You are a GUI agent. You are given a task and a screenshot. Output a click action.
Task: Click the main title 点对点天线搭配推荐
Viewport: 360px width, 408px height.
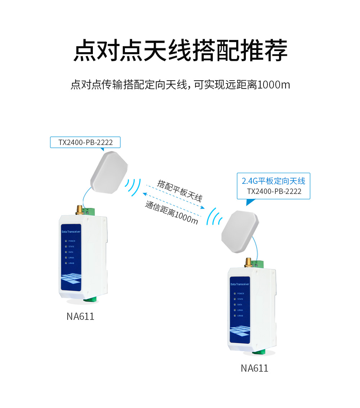[180, 51]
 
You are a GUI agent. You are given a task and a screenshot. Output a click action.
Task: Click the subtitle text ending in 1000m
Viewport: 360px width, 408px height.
[180, 85]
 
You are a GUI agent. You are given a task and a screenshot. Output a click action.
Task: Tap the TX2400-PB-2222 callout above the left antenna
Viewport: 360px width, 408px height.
[85, 142]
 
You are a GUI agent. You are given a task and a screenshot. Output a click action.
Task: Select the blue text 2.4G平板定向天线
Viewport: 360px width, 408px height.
[273, 181]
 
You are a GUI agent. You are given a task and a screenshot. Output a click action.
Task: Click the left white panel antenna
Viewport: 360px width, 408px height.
[109, 172]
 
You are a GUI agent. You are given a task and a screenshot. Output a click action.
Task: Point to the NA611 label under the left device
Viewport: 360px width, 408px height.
[80, 316]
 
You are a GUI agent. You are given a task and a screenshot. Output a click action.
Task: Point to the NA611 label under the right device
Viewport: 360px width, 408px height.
[255, 368]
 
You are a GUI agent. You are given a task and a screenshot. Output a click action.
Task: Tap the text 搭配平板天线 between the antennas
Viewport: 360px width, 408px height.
[179, 191]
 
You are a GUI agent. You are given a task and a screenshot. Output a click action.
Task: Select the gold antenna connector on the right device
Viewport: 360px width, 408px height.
[248, 262]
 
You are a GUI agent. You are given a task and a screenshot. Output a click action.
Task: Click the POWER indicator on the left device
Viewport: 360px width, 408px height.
[66, 241]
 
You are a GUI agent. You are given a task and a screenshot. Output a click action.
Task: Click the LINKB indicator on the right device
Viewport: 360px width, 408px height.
[235, 316]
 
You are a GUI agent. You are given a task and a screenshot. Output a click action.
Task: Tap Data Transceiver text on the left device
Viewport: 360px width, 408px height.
[71, 232]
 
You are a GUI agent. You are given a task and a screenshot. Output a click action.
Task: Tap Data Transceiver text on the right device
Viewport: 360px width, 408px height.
[240, 284]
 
